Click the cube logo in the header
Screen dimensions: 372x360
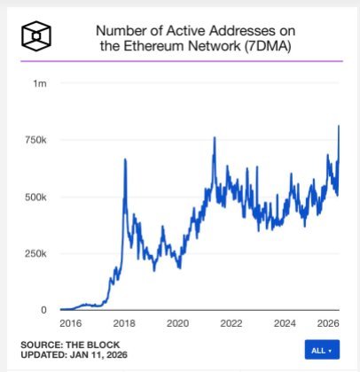point(35,35)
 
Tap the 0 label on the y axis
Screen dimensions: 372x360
point(43,310)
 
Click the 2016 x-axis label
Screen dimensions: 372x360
point(70,322)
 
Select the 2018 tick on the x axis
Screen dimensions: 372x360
point(124,322)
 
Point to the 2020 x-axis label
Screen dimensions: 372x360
point(178,322)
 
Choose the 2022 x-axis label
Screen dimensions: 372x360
point(232,322)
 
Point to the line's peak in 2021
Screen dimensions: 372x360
point(214,137)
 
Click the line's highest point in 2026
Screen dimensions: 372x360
point(339,126)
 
